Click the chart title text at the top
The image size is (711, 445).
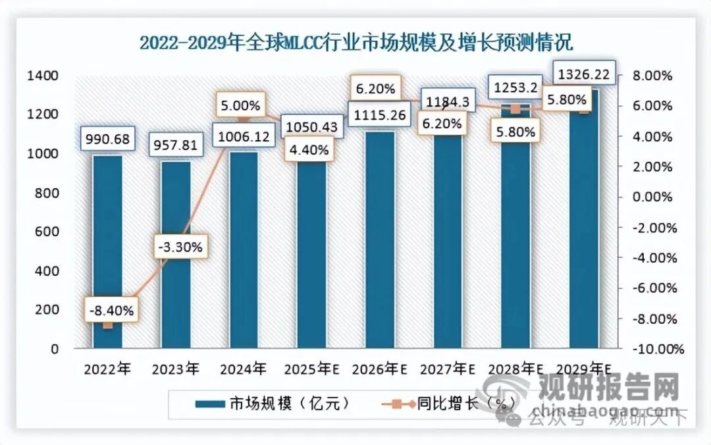[x=356, y=43]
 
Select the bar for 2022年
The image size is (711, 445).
[x=107, y=250]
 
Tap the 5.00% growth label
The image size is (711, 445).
[x=241, y=105]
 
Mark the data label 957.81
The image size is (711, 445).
[x=176, y=144]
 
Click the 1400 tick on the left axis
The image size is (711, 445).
[x=43, y=76]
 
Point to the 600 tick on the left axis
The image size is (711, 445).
[x=48, y=232]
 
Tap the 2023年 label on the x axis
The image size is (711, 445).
[x=174, y=369]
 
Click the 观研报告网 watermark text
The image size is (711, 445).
[x=609, y=388]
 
